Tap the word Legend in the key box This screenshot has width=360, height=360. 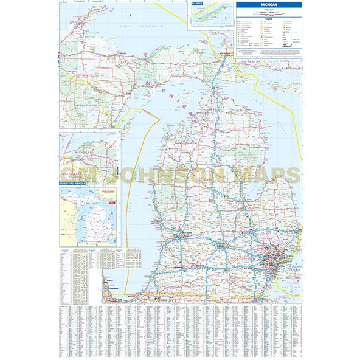click(267, 18)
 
